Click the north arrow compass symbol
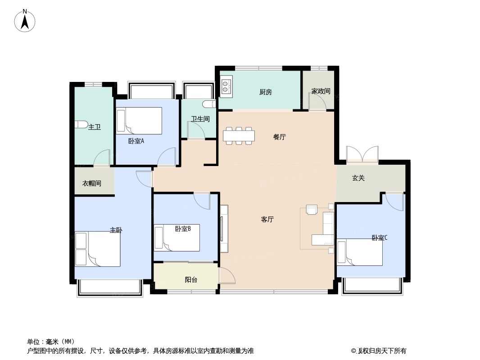click(x=25, y=21)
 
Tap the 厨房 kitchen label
click(x=266, y=92)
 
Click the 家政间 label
click(x=321, y=91)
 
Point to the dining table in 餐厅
click(x=239, y=135)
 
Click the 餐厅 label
click(x=279, y=137)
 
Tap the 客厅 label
click(x=267, y=220)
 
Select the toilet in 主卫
click(x=81, y=125)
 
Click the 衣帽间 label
click(x=91, y=184)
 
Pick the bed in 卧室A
click(x=139, y=121)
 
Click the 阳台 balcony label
click(x=191, y=280)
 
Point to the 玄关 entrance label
click(x=358, y=178)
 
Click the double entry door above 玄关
click(x=362, y=154)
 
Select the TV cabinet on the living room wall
click(x=224, y=228)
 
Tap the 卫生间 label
click(x=200, y=119)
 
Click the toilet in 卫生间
click(x=208, y=104)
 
